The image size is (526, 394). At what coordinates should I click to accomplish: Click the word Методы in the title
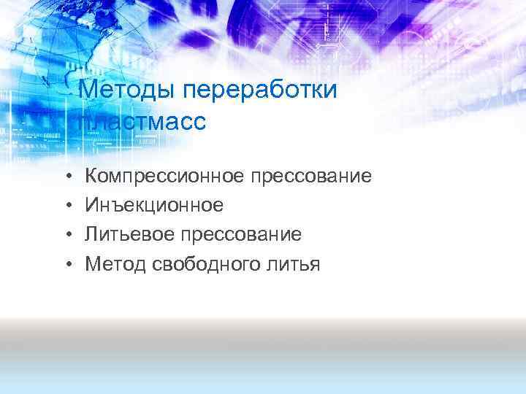[127, 91]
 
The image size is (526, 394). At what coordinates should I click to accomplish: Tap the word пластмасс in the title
[142, 120]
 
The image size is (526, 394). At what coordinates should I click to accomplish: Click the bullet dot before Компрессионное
[66, 176]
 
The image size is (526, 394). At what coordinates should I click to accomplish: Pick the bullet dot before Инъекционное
[66, 206]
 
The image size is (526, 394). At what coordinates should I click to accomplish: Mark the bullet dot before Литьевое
[66, 235]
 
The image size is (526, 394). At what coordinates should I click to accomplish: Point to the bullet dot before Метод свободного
[66, 264]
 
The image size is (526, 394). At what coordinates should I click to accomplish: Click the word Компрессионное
[164, 176]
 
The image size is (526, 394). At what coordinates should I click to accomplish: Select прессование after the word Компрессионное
[311, 176]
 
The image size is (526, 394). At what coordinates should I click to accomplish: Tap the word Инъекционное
[154, 206]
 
